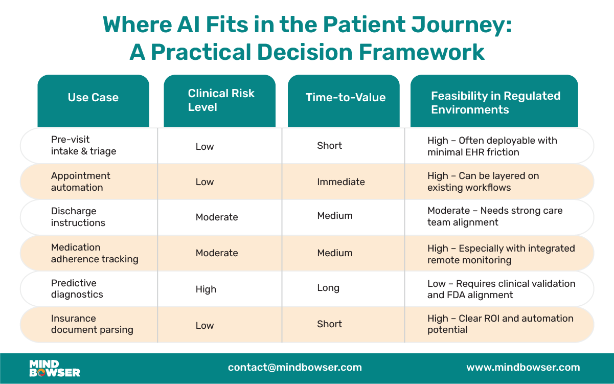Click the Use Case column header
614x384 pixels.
point(93,98)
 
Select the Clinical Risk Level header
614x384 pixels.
point(221,100)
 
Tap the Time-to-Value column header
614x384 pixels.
point(346,98)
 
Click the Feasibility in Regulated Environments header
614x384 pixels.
point(495,103)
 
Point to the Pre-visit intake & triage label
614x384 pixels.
point(83,145)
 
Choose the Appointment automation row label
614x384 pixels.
point(80,182)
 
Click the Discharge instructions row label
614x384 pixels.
point(78,217)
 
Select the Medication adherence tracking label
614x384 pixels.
point(95,253)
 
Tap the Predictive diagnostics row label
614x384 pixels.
point(77,289)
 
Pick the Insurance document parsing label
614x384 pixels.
point(92,324)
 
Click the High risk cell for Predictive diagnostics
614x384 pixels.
point(206,289)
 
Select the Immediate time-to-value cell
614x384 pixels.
point(341,182)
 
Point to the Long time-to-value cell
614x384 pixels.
point(328,288)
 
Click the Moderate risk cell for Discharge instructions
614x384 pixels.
point(217,217)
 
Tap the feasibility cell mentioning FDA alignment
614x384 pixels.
point(501,289)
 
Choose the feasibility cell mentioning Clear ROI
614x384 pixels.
point(500,324)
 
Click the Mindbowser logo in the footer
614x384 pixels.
point(55,368)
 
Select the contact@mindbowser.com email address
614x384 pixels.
point(295,368)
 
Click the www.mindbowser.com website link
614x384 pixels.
point(523,368)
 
